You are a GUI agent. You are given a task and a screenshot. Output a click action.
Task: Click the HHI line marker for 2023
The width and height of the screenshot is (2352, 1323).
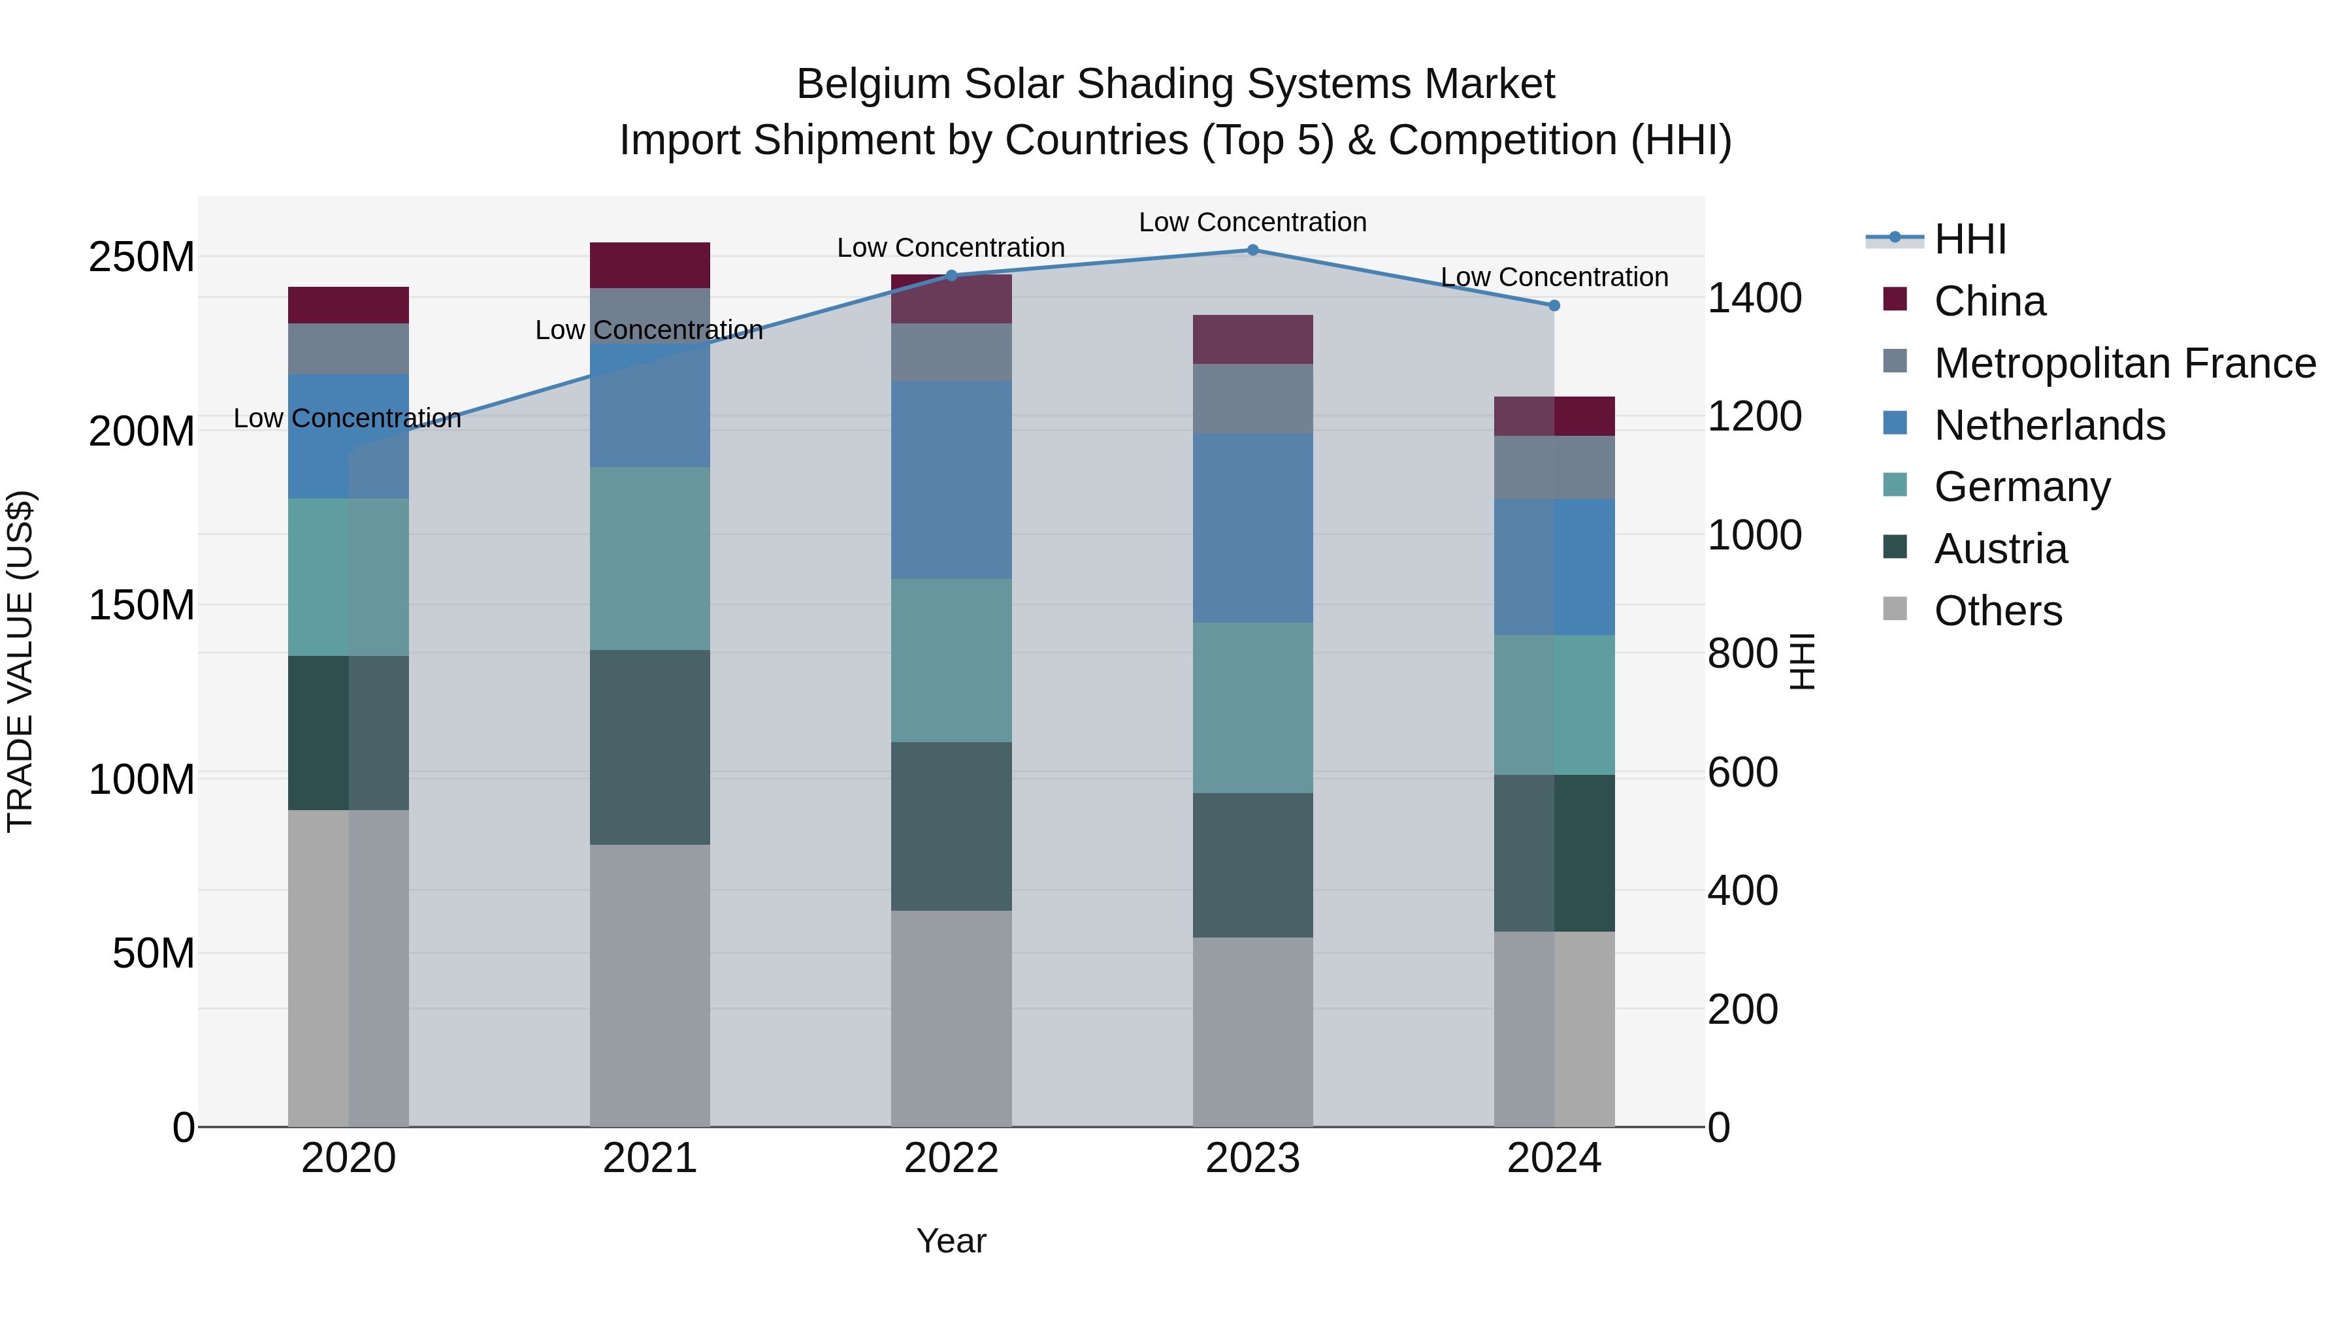coord(1252,250)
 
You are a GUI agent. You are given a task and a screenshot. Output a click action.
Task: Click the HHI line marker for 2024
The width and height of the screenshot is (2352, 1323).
coord(1554,306)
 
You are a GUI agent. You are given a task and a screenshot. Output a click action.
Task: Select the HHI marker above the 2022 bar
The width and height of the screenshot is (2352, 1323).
coord(951,276)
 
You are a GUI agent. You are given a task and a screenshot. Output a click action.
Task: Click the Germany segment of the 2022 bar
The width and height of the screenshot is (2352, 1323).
coord(951,660)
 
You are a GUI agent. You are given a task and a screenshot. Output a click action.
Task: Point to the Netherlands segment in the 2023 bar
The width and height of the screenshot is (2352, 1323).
coord(1252,528)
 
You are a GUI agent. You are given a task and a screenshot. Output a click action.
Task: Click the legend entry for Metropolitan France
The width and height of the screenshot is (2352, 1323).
coord(2125,363)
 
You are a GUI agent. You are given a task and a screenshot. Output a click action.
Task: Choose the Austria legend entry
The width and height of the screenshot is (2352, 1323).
coord(2000,549)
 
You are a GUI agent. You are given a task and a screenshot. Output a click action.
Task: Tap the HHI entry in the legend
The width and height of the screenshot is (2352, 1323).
coord(1970,239)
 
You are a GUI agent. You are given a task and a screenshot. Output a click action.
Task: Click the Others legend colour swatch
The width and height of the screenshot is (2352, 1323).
coord(1895,609)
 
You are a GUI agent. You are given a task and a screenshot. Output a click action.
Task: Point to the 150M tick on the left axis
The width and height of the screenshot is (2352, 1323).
coord(142,606)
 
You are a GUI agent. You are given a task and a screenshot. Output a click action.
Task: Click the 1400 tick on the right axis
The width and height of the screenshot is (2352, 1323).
coord(1754,299)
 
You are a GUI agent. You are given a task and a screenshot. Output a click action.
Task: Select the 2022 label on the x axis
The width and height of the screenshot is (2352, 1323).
coord(951,1158)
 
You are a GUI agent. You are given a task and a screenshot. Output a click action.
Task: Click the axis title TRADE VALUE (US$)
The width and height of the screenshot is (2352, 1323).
coord(20,661)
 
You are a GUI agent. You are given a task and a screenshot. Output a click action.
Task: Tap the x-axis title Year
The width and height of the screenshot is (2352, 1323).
coord(951,1241)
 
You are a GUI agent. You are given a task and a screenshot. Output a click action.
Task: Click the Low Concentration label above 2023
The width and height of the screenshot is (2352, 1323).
coord(1252,222)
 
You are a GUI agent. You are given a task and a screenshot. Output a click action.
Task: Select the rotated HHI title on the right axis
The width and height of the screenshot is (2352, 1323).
coord(1801,661)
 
